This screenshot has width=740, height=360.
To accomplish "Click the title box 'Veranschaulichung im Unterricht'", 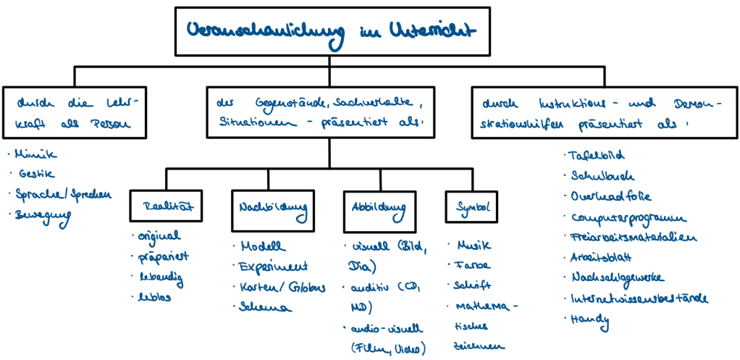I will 330,30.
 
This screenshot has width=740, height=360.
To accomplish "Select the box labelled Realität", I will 166,206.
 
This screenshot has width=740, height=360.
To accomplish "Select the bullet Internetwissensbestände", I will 638,298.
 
